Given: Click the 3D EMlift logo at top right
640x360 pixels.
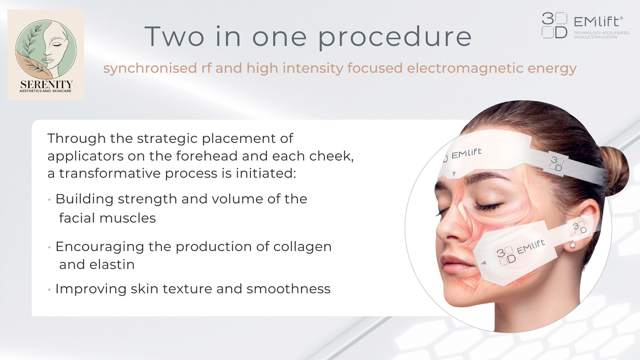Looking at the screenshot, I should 586,25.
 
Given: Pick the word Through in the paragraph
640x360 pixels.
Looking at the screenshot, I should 76,138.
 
